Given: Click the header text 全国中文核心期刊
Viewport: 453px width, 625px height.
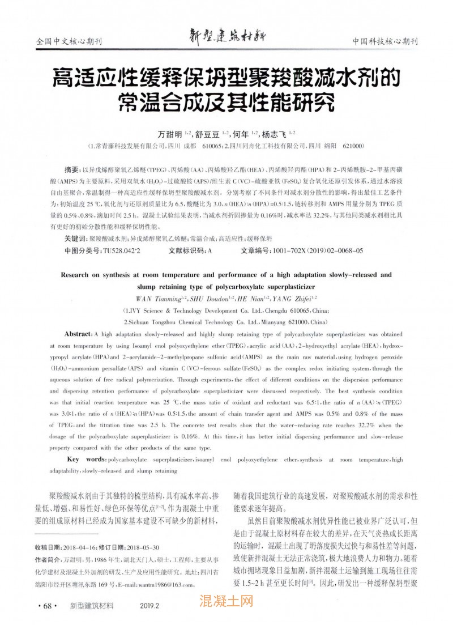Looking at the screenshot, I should click(x=68, y=42).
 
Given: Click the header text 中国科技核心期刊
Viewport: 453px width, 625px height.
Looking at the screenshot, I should click(x=384, y=42).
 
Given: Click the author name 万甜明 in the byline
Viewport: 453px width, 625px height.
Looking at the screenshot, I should click(x=170, y=134).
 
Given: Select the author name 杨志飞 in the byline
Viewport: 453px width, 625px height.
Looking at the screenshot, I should click(x=274, y=134).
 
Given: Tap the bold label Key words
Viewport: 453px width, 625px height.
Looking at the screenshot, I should click(x=86, y=458).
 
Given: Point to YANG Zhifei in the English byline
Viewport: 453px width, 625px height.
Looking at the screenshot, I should click(x=291, y=299).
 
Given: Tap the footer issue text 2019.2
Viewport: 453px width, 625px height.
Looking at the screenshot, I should click(x=149, y=606).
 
